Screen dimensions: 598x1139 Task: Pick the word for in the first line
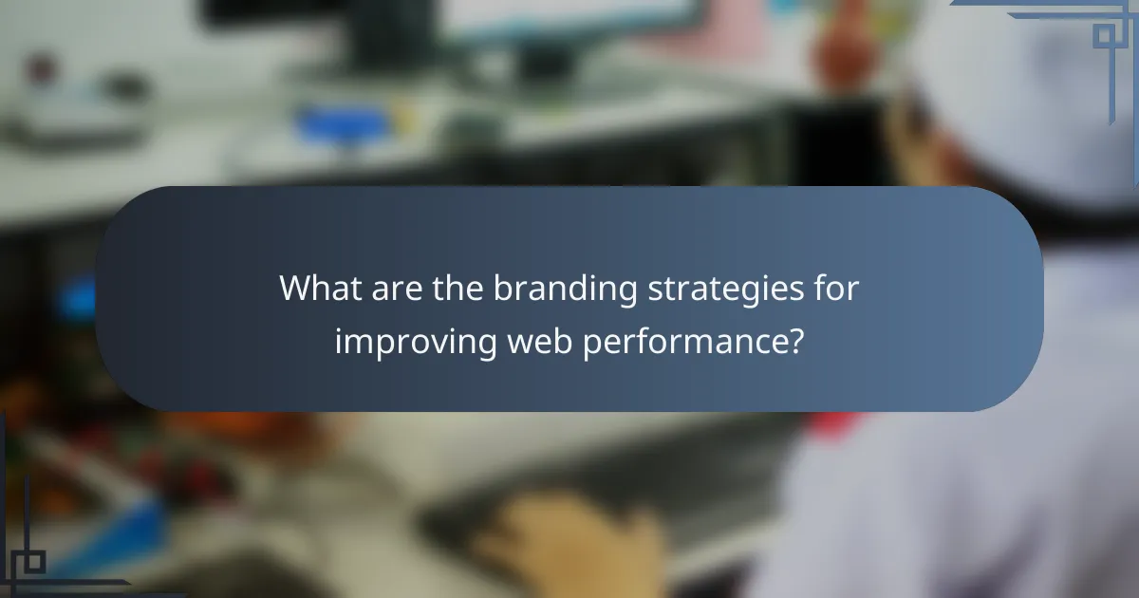tap(836, 289)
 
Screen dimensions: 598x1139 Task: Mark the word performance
tap(682, 343)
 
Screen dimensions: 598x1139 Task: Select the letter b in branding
tap(500, 289)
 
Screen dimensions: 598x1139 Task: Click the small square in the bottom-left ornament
tap(32, 562)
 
